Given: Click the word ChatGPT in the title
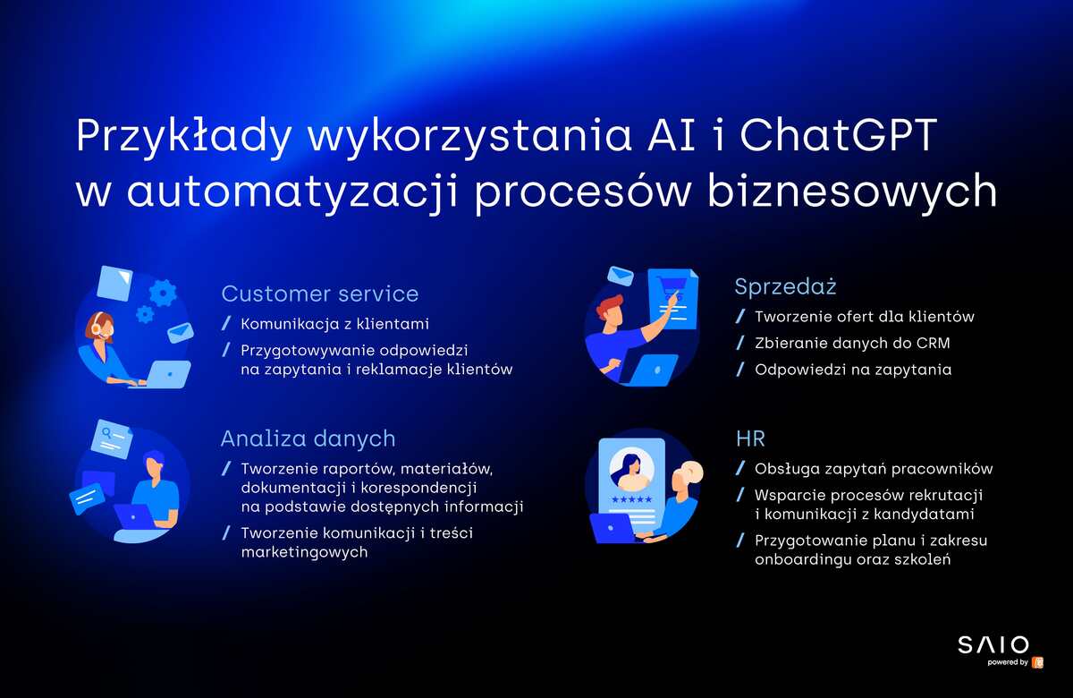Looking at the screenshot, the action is tap(839, 135).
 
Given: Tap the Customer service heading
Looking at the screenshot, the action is tap(320, 294).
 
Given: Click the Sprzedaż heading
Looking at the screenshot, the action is tap(786, 286).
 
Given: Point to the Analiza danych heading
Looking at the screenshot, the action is tap(308, 438).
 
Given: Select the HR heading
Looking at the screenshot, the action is tap(750, 438).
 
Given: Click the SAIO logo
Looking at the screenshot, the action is tap(993, 645).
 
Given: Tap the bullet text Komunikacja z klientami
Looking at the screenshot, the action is tap(334, 324).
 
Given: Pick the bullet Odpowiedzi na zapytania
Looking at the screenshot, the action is tap(853, 370).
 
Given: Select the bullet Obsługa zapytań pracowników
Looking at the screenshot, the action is tap(874, 469).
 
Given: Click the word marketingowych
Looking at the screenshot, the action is tap(305, 552).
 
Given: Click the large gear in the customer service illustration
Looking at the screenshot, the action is tap(163, 293).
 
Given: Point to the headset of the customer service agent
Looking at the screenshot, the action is tap(97, 325).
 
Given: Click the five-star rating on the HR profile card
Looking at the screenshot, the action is tap(632, 499).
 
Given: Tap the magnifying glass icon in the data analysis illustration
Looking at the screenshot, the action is tap(106, 434).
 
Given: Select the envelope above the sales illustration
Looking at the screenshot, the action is tap(621, 277).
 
